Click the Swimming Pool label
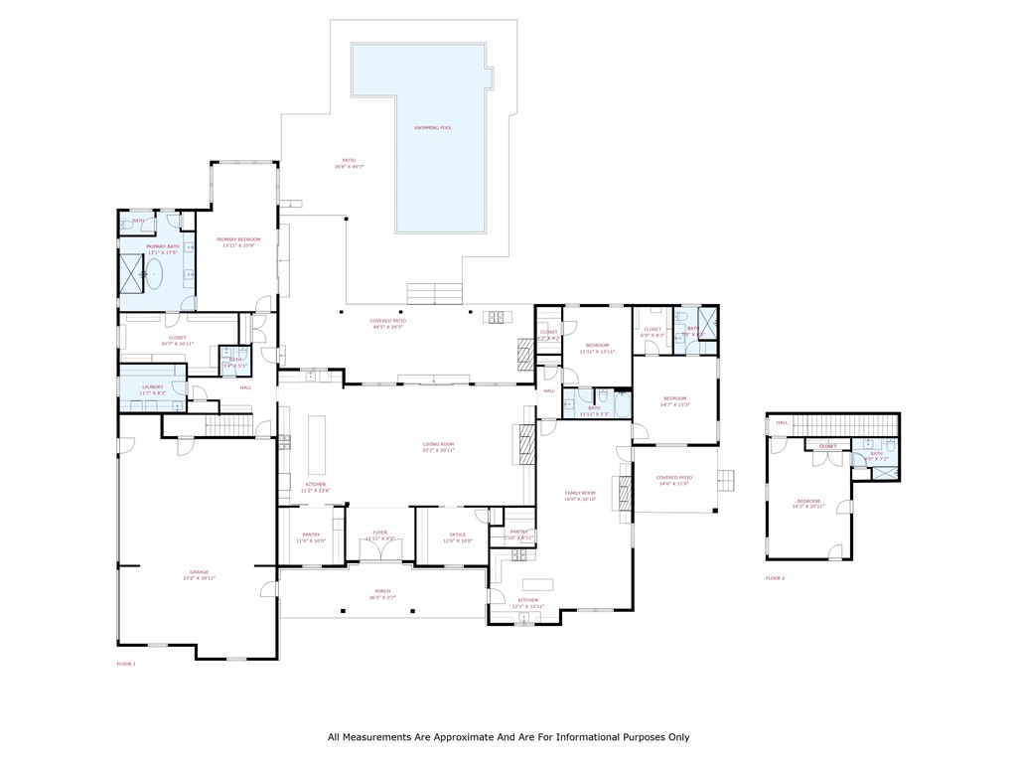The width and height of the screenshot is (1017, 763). tap(433, 128)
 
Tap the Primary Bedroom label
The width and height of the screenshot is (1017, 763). tap(238, 239)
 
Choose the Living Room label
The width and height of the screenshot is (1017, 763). tap(438, 444)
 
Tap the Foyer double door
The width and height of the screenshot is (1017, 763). tap(379, 549)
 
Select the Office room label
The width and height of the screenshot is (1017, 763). tap(457, 534)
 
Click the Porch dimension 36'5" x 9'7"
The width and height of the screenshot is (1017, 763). tap(382, 597)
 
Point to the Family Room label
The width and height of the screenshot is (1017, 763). tap(580, 493)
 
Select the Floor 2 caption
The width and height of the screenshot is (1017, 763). tap(775, 578)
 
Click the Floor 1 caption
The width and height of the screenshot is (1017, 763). tap(126, 663)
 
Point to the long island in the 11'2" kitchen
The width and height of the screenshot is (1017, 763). tap(318, 445)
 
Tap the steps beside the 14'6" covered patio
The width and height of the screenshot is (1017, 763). tap(728, 480)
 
